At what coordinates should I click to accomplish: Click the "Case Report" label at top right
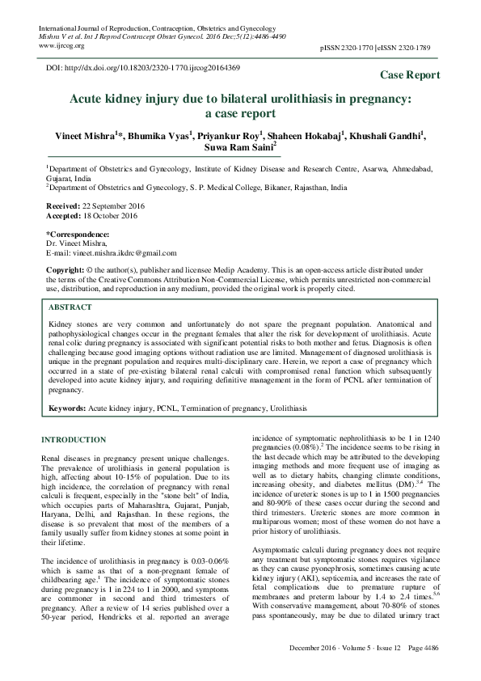click(x=410, y=75)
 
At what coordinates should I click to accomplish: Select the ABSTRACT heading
click(x=70, y=308)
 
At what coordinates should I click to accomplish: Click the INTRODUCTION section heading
click(x=74, y=439)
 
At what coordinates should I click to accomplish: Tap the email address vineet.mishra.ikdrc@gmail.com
click(x=111, y=253)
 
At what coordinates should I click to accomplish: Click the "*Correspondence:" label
click(x=76, y=234)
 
